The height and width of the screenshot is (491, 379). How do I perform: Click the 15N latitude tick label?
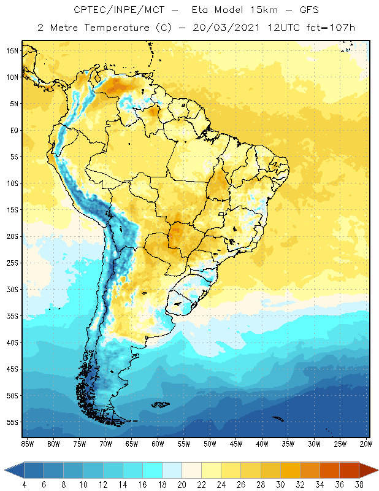pyautogui.click(x=12, y=50)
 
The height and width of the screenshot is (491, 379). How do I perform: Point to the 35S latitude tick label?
pyautogui.click(x=12, y=316)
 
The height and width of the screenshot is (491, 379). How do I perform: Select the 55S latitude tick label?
pyautogui.click(x=12, y=422)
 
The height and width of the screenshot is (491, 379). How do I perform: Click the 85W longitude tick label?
pyautogui.click(x=27, y=444)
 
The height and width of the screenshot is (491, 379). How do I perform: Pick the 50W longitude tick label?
pyautogui.click(x=210, y=444)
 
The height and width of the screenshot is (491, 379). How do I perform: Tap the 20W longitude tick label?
pyautogui.click(x=366, y=444)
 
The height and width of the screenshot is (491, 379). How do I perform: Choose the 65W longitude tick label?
pyautogui.click(x=131, y=444)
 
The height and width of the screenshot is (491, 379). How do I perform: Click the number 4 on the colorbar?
pyautogui.click(x=25, y=484)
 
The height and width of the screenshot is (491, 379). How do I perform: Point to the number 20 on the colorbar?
pyautogui.click(x=182, y=484)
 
